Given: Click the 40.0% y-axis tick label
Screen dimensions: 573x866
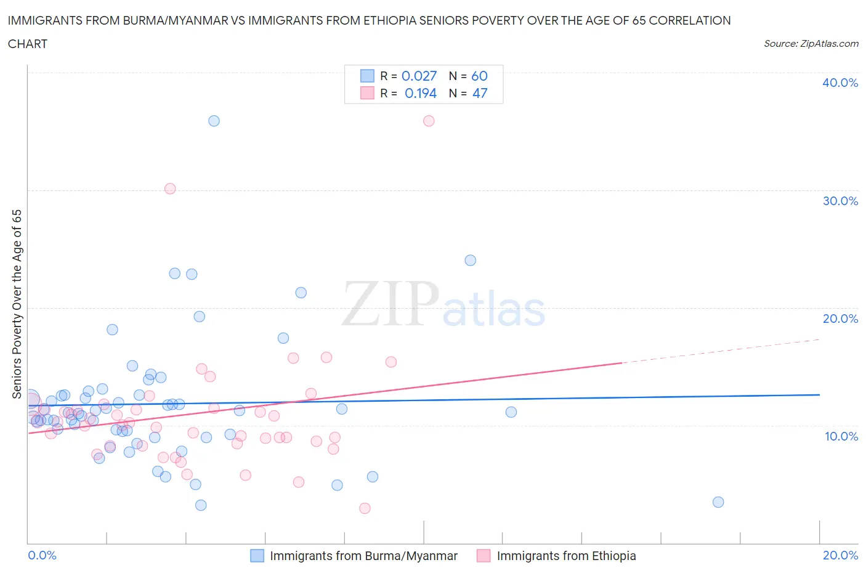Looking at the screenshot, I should [x=840, y=83].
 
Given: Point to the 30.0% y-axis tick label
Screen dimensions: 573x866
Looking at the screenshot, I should [x=840, y=201].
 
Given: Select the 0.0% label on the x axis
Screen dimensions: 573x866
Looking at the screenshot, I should [x=42, y=555].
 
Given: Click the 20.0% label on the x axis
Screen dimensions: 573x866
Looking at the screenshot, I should [x=840, y=555].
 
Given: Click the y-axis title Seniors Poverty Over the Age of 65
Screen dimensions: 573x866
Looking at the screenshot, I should [x=17, y=304].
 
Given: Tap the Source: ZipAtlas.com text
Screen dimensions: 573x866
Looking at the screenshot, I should [x=811, y=44].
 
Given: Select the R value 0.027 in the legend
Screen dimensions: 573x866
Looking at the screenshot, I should [x=419, y=76].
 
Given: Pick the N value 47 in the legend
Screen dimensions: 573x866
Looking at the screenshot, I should [x=480, y=93].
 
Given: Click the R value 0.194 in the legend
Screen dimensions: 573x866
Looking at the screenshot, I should [x=420, y=93].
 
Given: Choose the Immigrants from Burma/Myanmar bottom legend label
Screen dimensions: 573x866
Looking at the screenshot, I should [x=363, y=556].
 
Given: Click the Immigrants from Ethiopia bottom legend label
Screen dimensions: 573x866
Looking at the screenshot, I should [x=566, y=556].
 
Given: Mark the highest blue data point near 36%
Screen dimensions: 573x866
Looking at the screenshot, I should [x=214, y=121].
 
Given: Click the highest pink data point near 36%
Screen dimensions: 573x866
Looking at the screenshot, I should [x=429, y=121].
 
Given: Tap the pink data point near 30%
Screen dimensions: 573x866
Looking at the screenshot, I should [x=170, y=189].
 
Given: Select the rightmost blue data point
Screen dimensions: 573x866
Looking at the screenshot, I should [x=718, y=502].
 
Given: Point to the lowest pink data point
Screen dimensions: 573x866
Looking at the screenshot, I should [x=365, y=508].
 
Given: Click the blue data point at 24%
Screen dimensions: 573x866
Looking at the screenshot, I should [x=471, y=260].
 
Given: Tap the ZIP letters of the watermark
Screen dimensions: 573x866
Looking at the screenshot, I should [x=391, y=303].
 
